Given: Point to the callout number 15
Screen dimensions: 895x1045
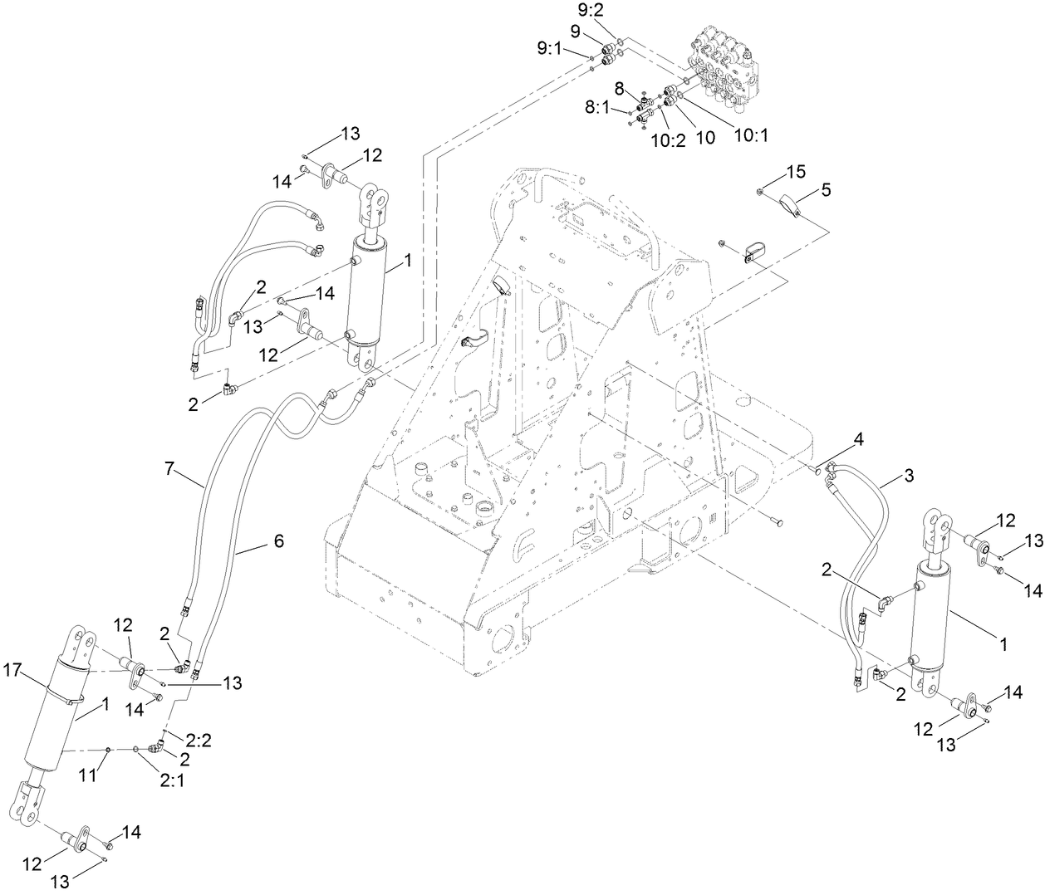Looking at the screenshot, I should [796, 172].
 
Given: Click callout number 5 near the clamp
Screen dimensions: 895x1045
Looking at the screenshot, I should [826, 190].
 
